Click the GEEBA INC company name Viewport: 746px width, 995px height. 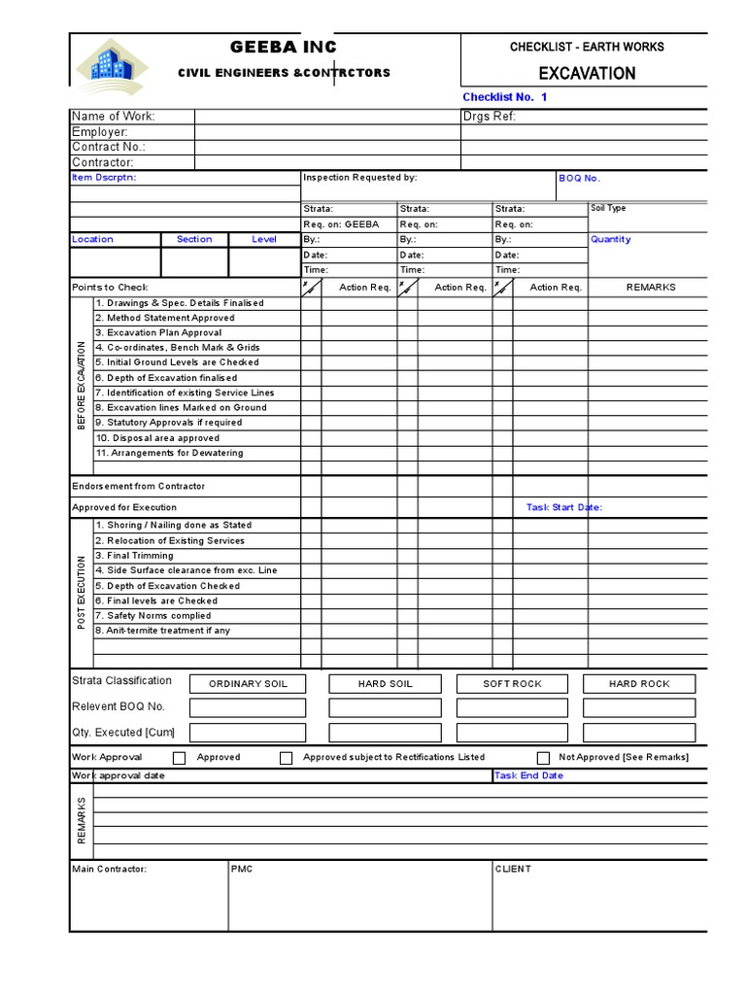[x=283, y=48]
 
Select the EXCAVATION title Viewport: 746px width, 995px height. [x=588, y=73]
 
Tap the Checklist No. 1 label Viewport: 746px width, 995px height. [x=505, y=97]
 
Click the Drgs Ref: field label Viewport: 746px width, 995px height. [x=490, y=117]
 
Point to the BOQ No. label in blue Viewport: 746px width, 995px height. [x=580, y=179]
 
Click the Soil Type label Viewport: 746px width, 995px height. [x=608, y=209]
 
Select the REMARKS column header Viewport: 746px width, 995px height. [x=650, y=288]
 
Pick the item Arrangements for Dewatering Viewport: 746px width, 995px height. [x=169, y=453]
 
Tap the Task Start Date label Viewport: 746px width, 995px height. [x=564, y=507]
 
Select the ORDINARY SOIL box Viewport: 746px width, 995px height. [x=249, y=684]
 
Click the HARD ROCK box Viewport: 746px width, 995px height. [x=639, y=684]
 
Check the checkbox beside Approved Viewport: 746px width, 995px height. [x=179, y=758]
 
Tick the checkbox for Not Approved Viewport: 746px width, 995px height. [x=543, y=758]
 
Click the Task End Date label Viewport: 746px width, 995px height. [x=528, y=775]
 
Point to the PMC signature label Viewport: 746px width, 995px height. [x=241, y=869]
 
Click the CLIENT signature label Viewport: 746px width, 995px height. [x=513, y=869]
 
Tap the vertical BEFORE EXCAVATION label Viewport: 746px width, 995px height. [x=82, y=386]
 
